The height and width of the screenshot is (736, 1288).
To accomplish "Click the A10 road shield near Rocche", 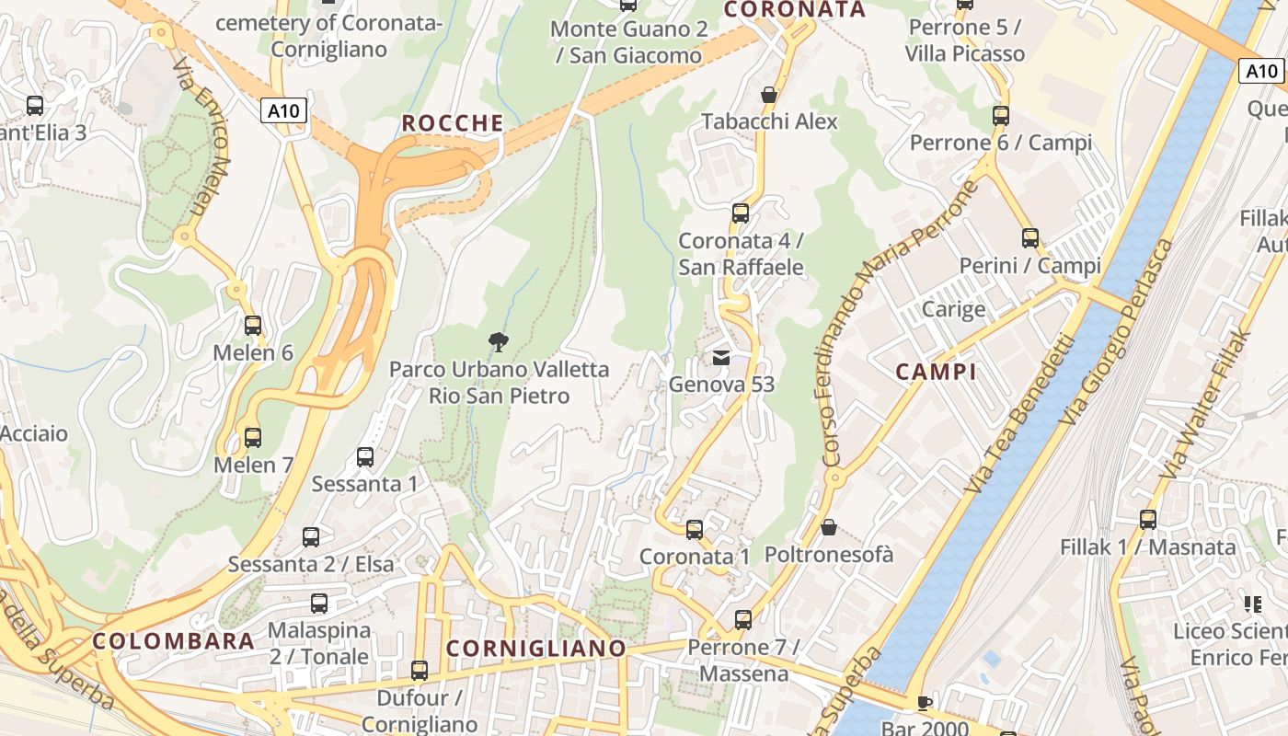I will click(283, 111).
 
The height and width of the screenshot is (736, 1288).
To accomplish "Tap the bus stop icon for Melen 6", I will click(252, 326).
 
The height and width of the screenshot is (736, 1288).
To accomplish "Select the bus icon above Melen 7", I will click(252, 438).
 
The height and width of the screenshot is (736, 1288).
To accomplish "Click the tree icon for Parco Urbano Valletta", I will click(498, 343).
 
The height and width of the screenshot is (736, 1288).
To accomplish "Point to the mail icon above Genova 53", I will click(721, 358).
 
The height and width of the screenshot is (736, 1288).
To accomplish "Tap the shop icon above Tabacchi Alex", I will click(769, 95).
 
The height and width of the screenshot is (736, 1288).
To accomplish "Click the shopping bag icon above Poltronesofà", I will click(828, 527).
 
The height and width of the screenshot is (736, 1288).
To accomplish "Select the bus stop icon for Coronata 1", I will click(695, 530).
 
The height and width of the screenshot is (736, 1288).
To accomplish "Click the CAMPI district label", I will click(936, 373).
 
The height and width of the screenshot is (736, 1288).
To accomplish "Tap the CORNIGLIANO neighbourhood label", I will click(535, 649).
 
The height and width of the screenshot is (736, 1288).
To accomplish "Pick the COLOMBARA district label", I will click(173, 641).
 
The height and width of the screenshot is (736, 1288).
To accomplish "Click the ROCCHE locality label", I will click(453, 123).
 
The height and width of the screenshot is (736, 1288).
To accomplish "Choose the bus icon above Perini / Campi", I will click(1029, 238).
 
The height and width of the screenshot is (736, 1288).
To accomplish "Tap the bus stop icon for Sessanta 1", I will click(365, 457).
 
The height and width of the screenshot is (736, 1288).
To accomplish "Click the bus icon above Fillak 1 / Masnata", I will click(1147, 520).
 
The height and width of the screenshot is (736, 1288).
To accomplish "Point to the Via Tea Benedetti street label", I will click(1019, 413).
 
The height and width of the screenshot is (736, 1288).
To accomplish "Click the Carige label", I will click(953, 309).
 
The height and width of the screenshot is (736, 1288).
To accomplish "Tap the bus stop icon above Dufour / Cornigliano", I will click(420, 671).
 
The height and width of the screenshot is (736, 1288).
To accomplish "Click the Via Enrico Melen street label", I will click(201, 138).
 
